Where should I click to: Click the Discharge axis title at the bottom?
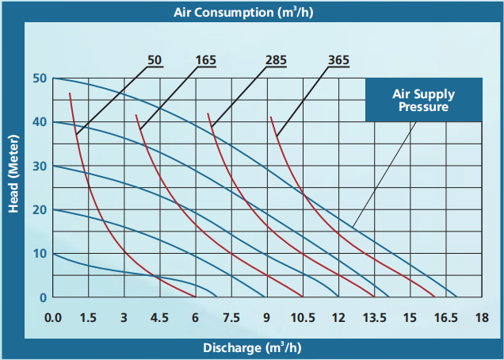tap(252, 348)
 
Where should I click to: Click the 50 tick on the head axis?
tap(40, 79)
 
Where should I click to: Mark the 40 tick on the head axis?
tap(40, 122)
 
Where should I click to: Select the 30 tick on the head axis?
tap(40, 166)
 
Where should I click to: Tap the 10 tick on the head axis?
tap(40, 254)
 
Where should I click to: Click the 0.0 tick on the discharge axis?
tap(53, 318)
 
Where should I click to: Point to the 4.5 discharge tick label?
tap(159, 318)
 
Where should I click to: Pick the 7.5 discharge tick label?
tap(231, 318)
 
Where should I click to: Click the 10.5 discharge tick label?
tap(302, 318)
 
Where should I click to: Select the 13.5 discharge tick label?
tap(373, 318)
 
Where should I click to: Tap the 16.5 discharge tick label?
tap(445, 318)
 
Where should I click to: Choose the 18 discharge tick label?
tap(481, 318)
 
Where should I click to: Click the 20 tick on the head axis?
tap(40, 210)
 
